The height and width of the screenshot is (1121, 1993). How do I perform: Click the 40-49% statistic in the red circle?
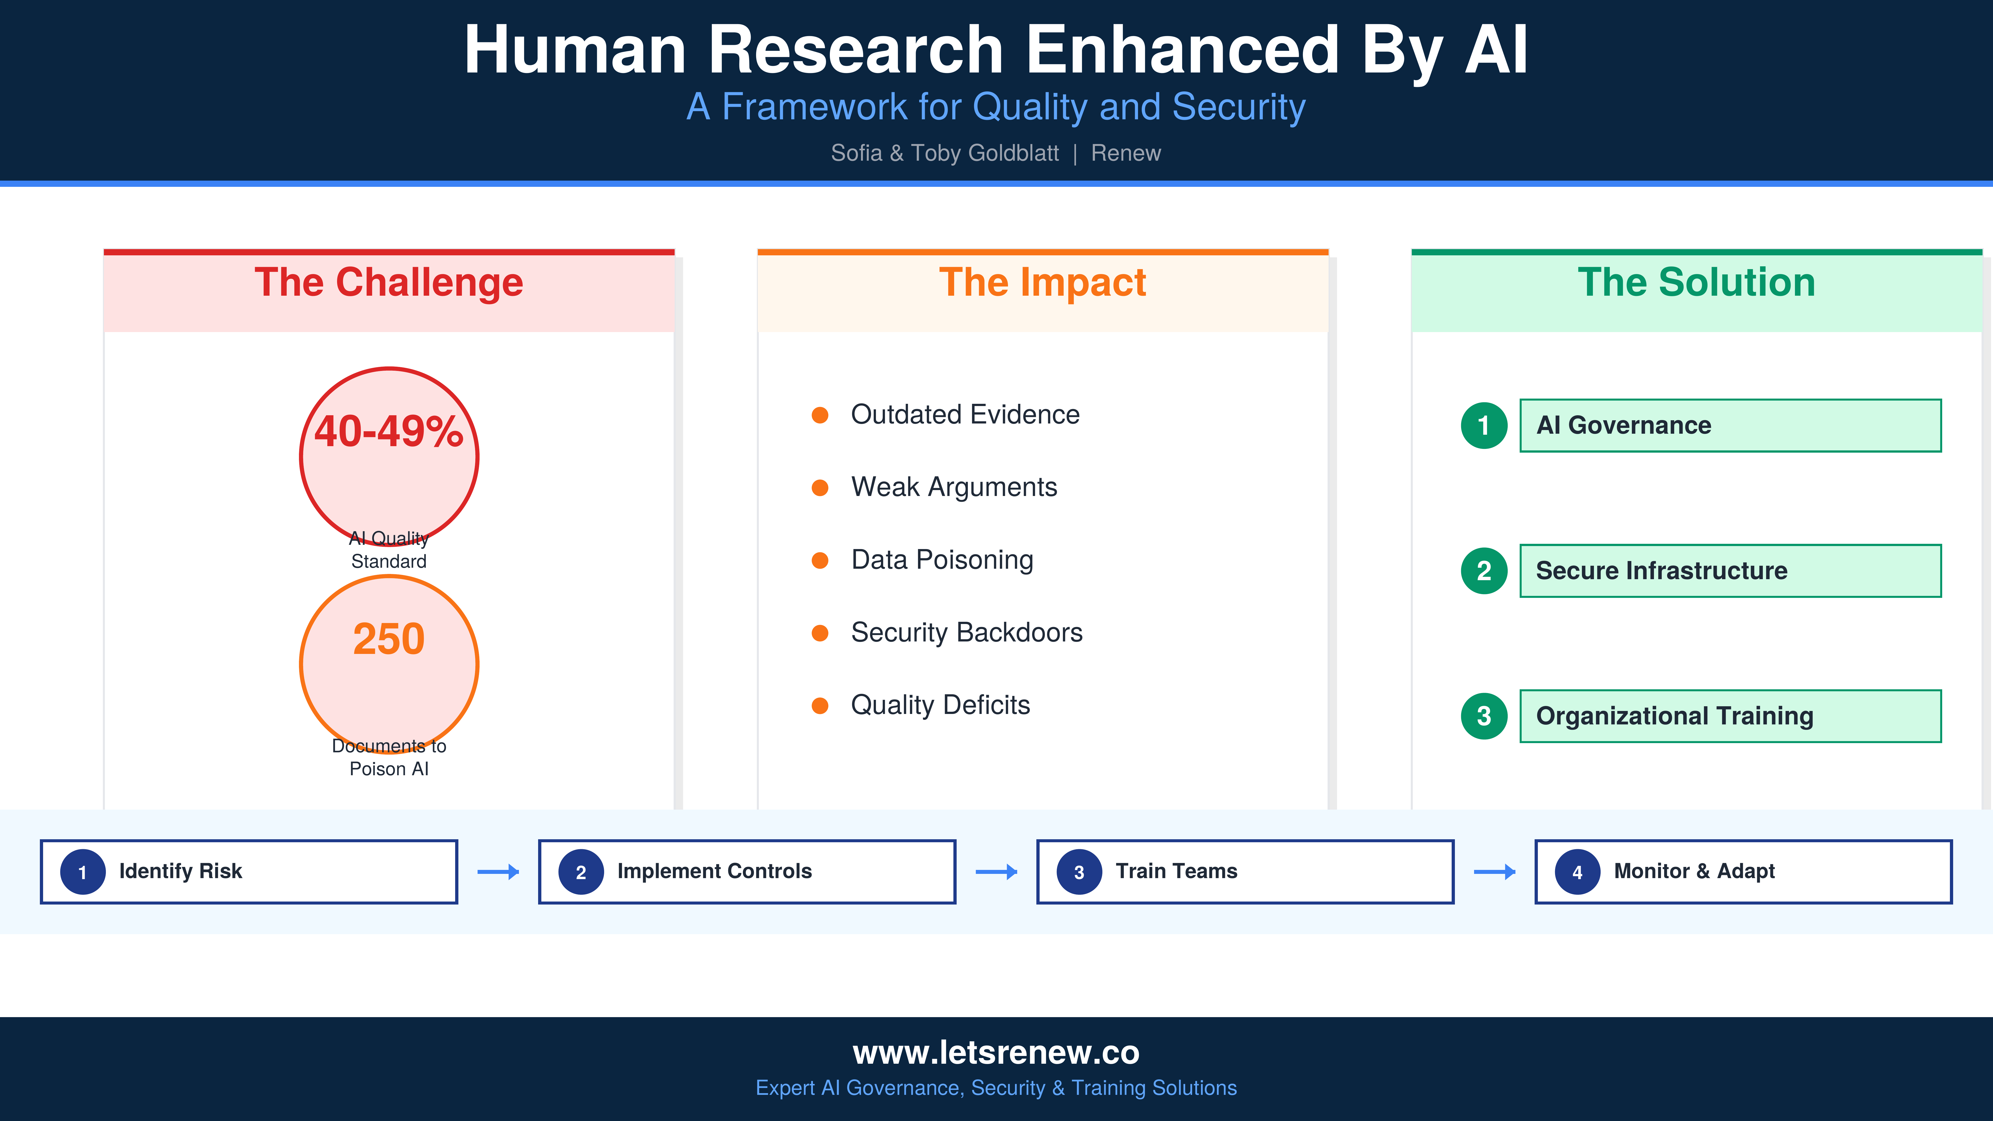[x=388, y=432]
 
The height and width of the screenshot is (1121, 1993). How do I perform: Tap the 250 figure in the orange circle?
[x=388, y=639]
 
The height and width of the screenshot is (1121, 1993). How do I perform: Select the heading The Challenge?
[x=388, y=282]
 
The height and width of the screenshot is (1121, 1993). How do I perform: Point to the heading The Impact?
[x=1042, y=282]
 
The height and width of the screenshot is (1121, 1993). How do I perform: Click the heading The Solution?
[x=1696, y=282]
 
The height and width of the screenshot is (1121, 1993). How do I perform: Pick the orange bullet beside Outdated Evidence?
[x=820, y=416]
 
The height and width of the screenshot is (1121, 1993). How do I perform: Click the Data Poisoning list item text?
[x=942, y=559]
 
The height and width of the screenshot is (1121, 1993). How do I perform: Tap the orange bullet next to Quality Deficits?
[x=820, y=705]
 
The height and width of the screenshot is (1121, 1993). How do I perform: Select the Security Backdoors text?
[x=966, y=632]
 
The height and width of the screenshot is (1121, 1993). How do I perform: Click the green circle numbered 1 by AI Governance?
[x=1483, y=425]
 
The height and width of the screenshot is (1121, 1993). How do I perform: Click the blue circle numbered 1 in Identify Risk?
[x=83, y=872]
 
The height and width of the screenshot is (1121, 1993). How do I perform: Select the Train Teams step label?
[x=1176, y=871]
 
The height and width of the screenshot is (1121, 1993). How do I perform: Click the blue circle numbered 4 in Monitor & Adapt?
[x=1577, y=872]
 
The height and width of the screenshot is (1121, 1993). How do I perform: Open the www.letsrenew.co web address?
[x=996, y=1052]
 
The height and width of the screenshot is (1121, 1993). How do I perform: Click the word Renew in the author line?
[x=1126, y=153]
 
